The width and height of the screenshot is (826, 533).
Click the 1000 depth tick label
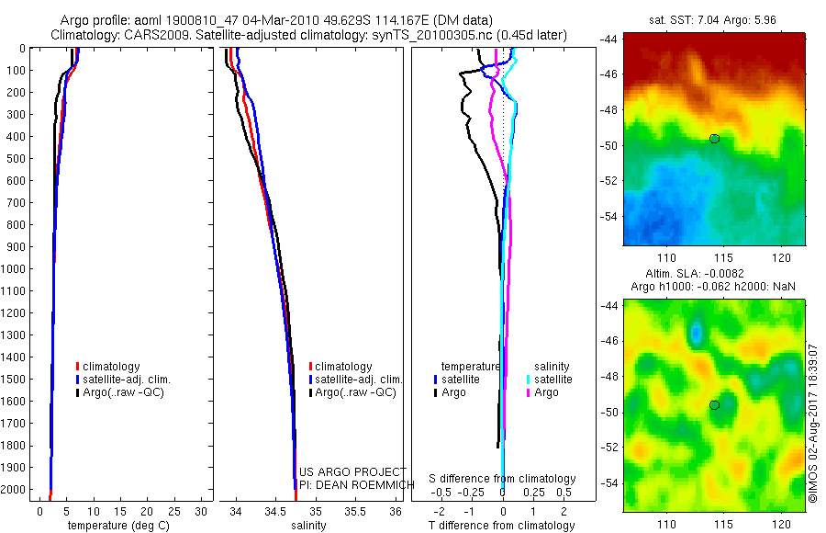pos(14,269)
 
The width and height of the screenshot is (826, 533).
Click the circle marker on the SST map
pos(714,139)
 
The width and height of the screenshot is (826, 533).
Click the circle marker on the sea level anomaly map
pos(714,405)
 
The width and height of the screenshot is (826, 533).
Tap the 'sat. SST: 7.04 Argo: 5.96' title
pos(713,18)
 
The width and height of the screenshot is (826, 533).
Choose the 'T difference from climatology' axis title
pos(502,526)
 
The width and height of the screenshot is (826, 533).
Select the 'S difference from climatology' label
pos(502,479)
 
